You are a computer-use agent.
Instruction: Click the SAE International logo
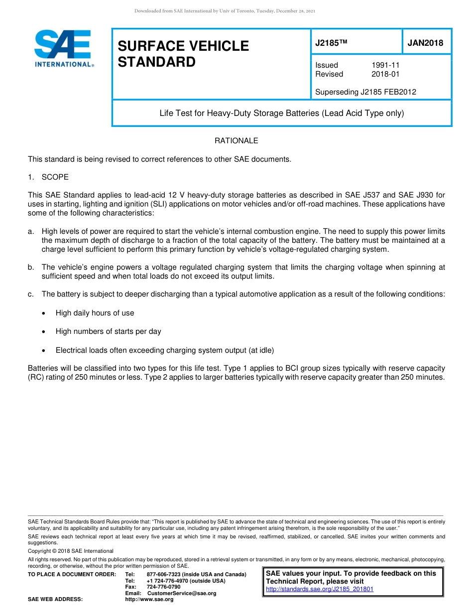point(64,49)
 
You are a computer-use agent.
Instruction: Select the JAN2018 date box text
point(425,43)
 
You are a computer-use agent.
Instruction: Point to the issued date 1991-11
point(385,65)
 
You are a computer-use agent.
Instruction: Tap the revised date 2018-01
point(385,74)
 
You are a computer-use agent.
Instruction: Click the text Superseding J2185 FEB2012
point(365,92)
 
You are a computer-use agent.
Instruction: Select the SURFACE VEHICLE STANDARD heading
point(183,54)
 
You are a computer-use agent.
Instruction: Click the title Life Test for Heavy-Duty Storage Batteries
point(281,113)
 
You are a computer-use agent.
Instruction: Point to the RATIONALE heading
point(236,141)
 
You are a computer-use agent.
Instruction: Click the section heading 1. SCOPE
point(48,177)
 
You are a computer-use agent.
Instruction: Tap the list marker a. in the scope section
point(31,231)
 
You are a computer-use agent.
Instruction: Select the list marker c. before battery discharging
point(31,294)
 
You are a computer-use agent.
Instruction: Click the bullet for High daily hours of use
point(45,313)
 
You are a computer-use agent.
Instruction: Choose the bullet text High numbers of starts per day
point(108,331)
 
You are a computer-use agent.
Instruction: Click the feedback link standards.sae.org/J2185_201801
point(320,589)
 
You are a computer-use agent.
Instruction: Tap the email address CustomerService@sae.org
point(182,593)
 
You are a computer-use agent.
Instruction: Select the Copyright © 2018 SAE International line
point(71,551)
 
